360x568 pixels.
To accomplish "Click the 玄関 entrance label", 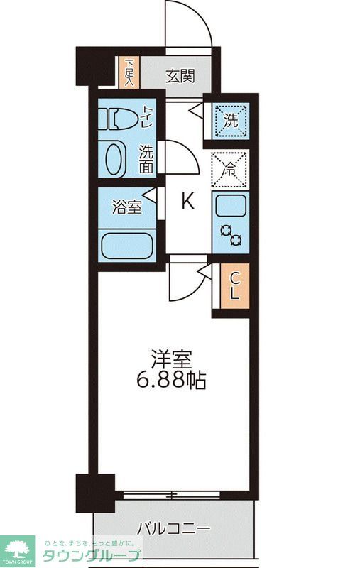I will [x=180, y=75].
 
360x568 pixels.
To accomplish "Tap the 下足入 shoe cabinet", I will [x=129, y=72].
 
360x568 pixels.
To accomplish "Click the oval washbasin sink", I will [x=114, y=160].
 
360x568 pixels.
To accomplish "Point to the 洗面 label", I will [x=146, y=160].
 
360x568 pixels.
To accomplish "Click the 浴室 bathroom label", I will [x=127, y=207].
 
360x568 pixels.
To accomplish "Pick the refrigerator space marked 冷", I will [x=229, y=170].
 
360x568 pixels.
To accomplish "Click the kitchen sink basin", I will [x=230, y=206].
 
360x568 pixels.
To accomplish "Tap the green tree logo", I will [x=19, y=549].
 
